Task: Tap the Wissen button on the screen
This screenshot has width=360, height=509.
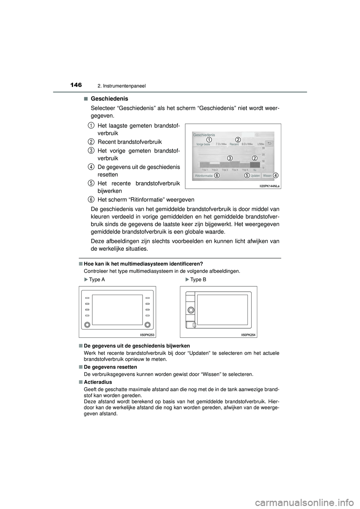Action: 267,175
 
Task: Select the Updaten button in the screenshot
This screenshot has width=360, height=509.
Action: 255,175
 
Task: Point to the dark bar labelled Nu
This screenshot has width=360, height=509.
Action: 255,164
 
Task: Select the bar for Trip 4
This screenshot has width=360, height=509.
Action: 234,164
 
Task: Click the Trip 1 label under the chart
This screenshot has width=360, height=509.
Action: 205,170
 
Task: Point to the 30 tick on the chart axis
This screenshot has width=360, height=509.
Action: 263,148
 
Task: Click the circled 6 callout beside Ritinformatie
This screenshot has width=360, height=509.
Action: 217,175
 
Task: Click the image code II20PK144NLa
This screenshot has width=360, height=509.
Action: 269,186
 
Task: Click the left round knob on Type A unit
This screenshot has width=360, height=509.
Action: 87,325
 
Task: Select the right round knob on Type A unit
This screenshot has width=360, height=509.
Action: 147,325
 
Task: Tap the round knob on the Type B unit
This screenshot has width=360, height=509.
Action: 190,310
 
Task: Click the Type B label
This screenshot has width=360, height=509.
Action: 198,280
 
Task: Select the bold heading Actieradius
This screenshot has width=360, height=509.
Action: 98,382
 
